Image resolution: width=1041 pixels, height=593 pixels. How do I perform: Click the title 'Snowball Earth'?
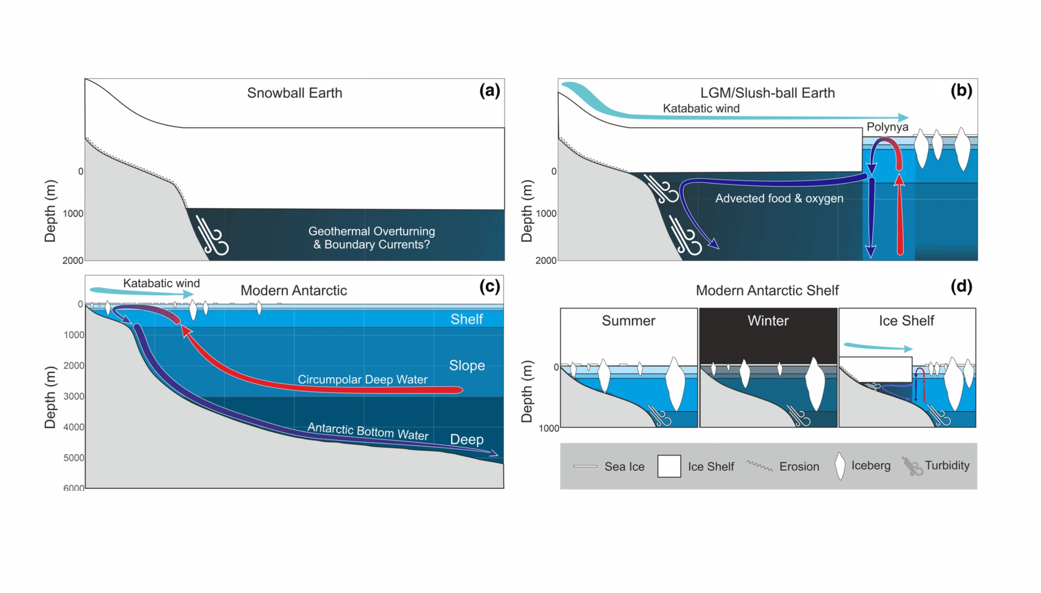(294, 93)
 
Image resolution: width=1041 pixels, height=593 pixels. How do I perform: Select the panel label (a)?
(489, 90)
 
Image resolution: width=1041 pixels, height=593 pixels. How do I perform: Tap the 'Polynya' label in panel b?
(887, 127)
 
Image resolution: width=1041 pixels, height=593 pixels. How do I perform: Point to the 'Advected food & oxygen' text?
(779, 198)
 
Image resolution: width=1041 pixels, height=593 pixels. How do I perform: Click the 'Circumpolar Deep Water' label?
(362, 380)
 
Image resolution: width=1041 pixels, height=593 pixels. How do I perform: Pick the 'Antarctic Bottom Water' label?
(367, 431)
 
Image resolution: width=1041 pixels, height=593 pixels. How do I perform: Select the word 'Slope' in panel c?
(466, 365)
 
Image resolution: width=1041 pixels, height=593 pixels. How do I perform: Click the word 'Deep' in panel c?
(466, 440)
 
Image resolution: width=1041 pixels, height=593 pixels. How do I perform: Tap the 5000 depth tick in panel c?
(73, 458)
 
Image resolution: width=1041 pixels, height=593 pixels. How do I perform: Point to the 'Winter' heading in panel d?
(768, 321)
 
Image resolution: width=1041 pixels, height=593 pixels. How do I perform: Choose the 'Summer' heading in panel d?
(628, 321)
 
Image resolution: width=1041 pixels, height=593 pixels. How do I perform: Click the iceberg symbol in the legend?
(839, 466)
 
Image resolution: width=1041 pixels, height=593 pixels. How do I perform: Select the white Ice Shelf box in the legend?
(669, 466)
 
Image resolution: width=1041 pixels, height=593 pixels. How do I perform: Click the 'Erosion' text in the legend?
(799, 466)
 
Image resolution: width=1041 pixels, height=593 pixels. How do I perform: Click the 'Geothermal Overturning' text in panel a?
(371, 231)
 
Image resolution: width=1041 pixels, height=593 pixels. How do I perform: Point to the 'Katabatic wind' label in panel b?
(701, 109)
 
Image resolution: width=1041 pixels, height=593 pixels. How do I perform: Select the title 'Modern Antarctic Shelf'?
(767, 290)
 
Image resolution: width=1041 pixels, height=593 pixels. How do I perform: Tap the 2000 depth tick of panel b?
(546, 260)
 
